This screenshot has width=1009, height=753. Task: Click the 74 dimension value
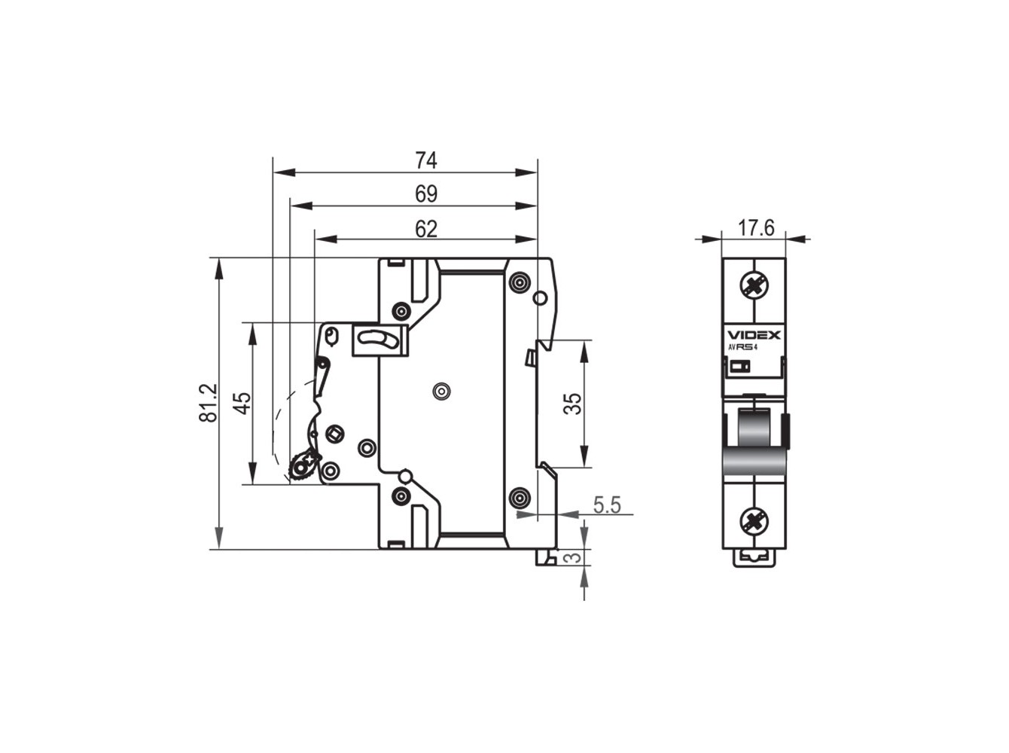[425, 160]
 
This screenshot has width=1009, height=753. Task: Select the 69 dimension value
[425, 194]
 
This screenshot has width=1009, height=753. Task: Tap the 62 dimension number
[425, 229]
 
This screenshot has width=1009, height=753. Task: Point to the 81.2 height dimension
[208, 403]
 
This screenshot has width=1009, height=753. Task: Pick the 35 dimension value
[572, 404]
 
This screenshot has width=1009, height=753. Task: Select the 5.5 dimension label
[607, 505]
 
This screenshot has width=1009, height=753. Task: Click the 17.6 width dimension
[756, 227]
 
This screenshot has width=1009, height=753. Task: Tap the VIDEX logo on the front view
[754, 335]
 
